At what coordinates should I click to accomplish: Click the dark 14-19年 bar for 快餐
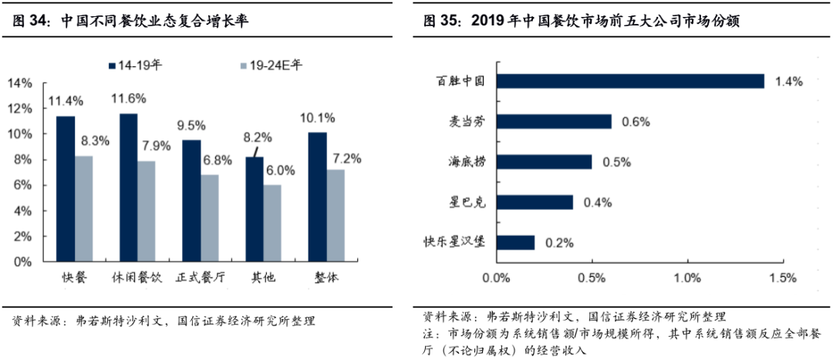(x=66, y=189)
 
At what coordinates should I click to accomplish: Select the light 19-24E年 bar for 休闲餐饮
(x=147, y=210)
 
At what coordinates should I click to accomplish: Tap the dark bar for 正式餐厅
(x=191, y=200)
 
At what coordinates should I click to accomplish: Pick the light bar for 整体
(x=335, y=215)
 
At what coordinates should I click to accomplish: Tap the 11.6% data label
(x=128, y=98)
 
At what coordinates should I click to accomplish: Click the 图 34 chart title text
(x=131, y=22)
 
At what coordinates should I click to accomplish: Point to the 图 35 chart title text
(x=582, y=22)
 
